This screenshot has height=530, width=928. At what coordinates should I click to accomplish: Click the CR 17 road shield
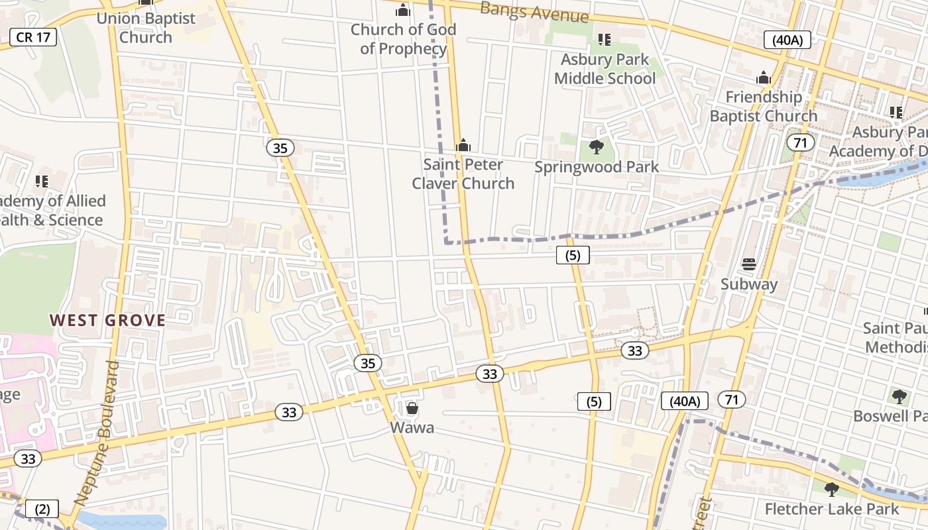33,37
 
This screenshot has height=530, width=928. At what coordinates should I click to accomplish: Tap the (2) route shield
42,509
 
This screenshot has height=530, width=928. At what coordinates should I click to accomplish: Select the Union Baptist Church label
146,28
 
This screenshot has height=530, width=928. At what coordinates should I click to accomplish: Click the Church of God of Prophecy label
403,39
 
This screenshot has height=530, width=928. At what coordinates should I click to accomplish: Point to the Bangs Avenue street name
534,11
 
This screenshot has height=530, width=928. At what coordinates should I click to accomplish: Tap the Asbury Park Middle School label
605,69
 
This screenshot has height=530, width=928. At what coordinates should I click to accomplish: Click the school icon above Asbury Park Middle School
604,40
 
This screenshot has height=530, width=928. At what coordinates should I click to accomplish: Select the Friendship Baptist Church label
764,107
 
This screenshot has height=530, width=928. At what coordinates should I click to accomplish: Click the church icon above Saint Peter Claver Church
463,145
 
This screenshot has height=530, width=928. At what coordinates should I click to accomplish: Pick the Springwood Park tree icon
597,147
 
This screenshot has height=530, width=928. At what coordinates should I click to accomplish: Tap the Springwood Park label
597,167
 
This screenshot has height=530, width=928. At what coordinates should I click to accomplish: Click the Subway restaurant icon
749,264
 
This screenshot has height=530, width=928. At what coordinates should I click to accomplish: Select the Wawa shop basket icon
412,408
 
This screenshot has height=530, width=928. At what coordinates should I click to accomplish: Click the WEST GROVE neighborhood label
107,321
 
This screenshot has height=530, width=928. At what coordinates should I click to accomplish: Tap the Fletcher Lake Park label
832,509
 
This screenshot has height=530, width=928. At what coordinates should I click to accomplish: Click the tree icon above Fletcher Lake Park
832,490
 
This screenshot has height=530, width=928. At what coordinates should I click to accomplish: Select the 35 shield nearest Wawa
368,363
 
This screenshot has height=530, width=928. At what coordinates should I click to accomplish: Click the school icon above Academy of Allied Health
42,181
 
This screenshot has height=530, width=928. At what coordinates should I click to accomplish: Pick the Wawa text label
412,428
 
